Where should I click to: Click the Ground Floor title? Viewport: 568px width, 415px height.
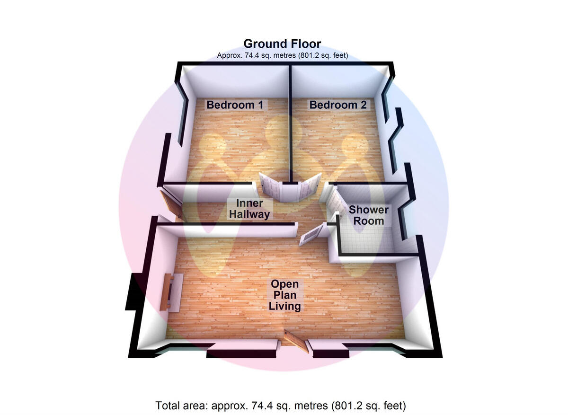[282, 44]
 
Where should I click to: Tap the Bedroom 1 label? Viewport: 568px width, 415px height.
[235, 105]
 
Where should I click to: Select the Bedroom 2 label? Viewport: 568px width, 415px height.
[338, 105]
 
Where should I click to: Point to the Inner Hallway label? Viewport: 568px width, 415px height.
[249, 209]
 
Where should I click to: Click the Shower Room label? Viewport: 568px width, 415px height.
[368, 215]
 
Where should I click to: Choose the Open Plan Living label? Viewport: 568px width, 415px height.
[284, 295]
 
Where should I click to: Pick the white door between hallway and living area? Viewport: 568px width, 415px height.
[312, 234]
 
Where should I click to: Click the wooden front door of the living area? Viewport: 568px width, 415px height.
[295, 341]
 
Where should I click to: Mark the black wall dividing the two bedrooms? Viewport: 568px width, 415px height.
[290, 123]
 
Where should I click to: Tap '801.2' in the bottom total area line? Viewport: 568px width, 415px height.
[347, 406]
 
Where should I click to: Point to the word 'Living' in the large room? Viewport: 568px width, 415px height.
[284, 306]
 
